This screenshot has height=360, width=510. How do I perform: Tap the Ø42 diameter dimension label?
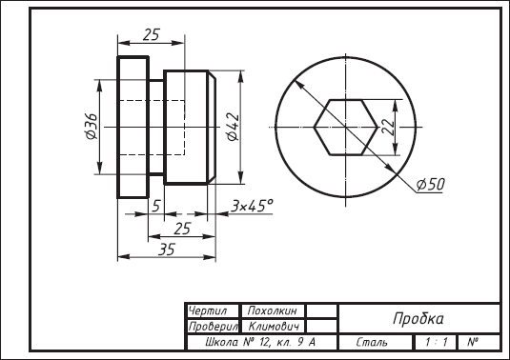(x=234, y=127)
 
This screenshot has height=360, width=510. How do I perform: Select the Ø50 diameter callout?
(x=430, y=185)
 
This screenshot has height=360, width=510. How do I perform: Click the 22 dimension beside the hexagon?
(x=388, y=127)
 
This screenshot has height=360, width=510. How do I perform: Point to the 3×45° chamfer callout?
(x=252, y=206)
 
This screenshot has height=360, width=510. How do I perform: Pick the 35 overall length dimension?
(x=167, y=250)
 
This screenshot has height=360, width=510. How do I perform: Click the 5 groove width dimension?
(x=156, y=206)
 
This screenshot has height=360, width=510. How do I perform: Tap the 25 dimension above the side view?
(x=152, y=35)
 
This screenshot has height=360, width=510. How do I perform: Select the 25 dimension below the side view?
(x=182, y=230)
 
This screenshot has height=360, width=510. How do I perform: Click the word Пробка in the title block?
(x=418, y=318)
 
